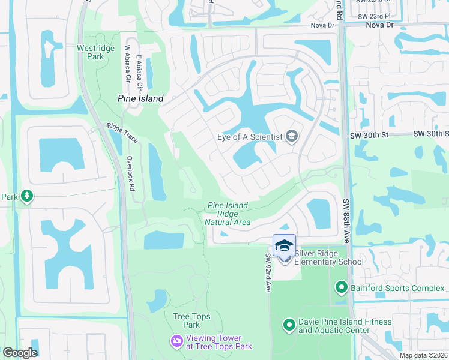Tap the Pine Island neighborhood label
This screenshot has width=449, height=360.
140,98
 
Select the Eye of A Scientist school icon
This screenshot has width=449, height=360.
291,136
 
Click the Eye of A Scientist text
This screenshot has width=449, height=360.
249,137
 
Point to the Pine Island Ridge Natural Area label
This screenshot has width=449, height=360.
228,214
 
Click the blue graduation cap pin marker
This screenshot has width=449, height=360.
284,245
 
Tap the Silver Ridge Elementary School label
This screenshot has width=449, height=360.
328,257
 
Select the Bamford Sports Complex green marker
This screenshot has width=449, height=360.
342,288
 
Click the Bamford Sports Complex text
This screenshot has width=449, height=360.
397,289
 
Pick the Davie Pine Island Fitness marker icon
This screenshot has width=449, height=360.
289,325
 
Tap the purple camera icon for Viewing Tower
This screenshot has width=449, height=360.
176,341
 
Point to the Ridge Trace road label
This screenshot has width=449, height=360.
122,133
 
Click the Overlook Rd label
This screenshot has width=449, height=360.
130,173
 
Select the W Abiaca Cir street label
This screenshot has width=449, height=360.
127,65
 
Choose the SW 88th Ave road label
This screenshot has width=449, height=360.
346,221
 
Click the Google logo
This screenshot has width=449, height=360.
20,353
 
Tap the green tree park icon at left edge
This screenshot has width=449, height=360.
26,196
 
